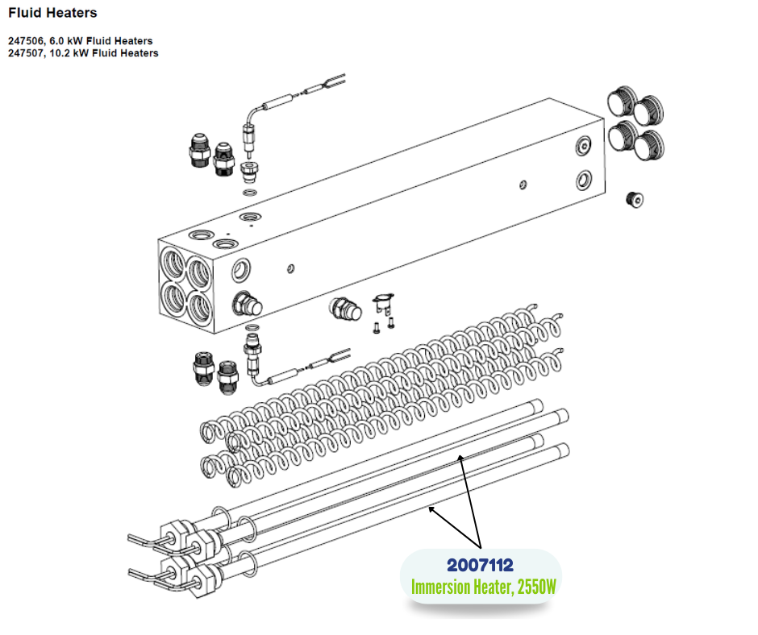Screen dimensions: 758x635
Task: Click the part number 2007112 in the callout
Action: coord(480,565)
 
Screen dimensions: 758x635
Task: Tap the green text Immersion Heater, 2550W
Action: coord(483,587)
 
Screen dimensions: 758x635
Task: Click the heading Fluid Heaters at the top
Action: coord(52,13)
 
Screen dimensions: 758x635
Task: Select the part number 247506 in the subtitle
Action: coord(26,41)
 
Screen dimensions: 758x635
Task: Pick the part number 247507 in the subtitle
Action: coord(26,53)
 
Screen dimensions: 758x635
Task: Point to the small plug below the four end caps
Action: coord(635,199)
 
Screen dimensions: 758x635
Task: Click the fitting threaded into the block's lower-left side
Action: coord(247,304)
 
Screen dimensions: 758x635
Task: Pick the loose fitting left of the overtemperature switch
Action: coord(345,309)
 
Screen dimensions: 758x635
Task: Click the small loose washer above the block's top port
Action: coord(250,193)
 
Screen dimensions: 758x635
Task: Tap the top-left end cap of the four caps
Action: coord(621,101)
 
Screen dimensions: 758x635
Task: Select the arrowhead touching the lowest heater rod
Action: coord(431,508)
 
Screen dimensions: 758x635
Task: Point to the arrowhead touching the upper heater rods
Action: coord(460,459)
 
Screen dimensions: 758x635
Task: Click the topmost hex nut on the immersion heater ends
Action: coord(176,534)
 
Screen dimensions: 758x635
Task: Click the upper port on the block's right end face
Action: coord(584,145)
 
